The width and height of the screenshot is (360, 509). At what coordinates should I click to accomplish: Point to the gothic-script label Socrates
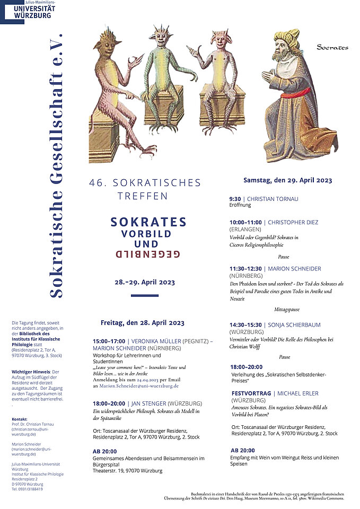[332, 48]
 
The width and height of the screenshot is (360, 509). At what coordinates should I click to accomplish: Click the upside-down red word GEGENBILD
[148, 254]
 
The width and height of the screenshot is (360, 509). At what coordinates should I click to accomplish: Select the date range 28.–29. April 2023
[145, 282]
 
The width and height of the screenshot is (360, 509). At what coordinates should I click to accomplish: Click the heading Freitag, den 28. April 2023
[142, 322]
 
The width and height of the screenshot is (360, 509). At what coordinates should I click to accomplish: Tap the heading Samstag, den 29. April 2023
[287, 180]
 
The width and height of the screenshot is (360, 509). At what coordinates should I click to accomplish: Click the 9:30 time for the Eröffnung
[235, 199]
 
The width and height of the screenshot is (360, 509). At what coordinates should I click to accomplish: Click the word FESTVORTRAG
[251, 393]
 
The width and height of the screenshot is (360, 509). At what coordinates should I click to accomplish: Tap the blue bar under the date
[144, 295]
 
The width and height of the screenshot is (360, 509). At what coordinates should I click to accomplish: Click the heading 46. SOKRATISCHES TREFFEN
[145, 189]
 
